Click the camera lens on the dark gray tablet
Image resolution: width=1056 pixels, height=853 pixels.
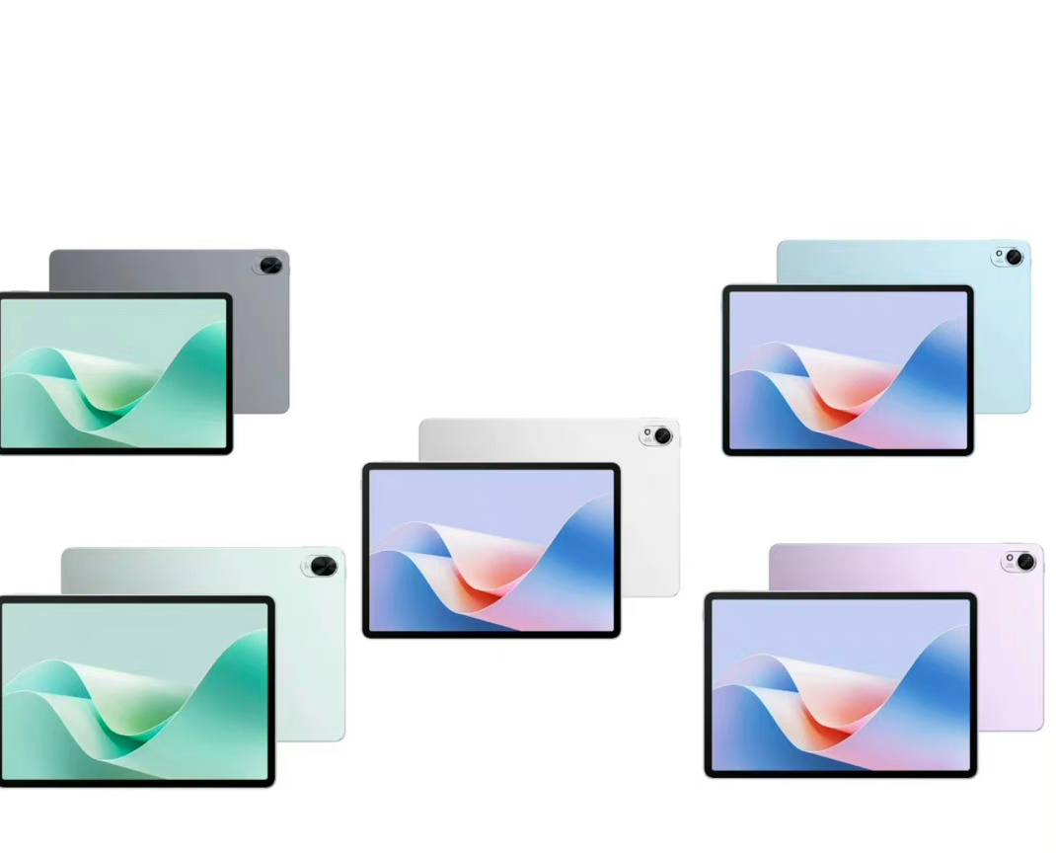[x=271, y=266]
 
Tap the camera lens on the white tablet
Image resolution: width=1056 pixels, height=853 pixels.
[x=662, y=435]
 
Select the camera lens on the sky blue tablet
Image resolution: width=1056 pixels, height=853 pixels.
[x=1014, y=258]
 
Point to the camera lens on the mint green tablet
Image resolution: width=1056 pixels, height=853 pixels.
[x=323, y=566]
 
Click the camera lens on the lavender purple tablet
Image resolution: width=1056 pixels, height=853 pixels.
[x=1025, y=562]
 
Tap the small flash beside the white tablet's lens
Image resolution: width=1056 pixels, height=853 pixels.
[x=647, y=432]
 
